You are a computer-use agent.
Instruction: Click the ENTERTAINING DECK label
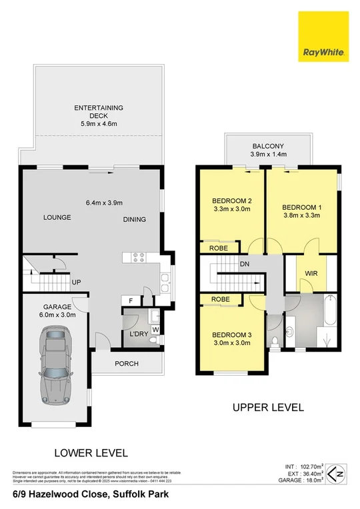(99, 115)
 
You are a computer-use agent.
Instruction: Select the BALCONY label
(268, 150)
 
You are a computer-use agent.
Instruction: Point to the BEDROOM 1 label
(302, 211)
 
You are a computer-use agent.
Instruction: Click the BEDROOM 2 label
(231, 205)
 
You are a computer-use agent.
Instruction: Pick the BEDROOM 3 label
(231, 339)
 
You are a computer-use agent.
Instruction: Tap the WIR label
(311, 273)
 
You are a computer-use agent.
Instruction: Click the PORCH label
(126, 363)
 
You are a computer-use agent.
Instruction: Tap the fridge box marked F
(130, 301)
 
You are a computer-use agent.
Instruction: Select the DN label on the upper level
(245, 264)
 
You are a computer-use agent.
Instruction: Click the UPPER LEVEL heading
(267, 407)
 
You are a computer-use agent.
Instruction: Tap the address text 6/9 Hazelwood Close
(90, 494)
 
